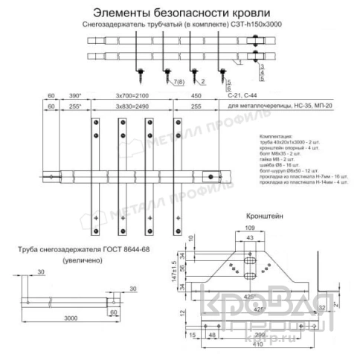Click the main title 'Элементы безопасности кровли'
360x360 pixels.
point(177,12)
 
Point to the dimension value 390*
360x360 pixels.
point(75,96)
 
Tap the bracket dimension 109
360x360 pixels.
point(250,228)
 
